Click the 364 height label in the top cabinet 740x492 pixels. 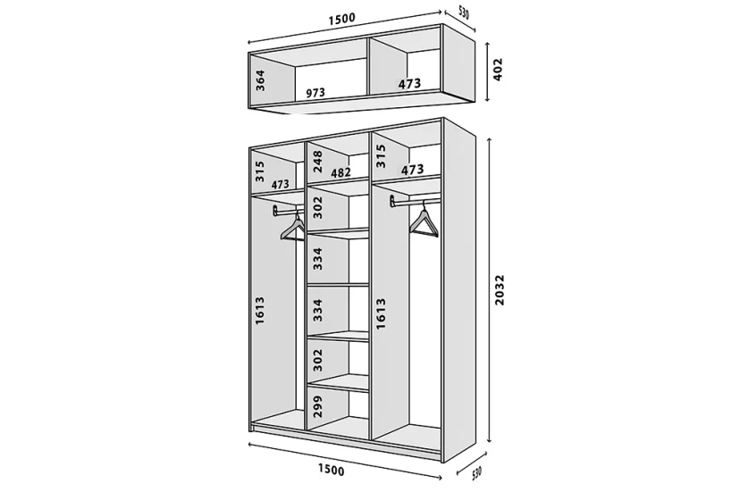(260, 80)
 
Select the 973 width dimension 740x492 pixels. (315, 93)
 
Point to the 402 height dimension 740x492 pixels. (498, 70)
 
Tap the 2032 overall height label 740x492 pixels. (500, 290)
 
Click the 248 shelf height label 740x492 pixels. (317, 162)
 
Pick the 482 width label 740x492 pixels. (341, 172)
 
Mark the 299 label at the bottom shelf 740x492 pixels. (317, 405)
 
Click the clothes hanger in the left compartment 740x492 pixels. (292, 228)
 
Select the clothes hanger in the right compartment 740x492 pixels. (424, 221)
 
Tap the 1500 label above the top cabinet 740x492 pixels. (341, 20)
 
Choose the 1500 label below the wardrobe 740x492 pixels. (331, 470)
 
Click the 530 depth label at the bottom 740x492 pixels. (476, 473)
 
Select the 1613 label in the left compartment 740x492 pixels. (259, 311)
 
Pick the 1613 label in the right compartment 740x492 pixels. (381, 313)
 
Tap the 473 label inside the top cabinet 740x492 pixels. (409, 84)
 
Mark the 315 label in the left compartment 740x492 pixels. (259, 171)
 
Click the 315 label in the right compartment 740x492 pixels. (381, 155)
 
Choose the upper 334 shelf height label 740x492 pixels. (317, 258)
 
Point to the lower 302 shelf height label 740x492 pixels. (317, 360)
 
